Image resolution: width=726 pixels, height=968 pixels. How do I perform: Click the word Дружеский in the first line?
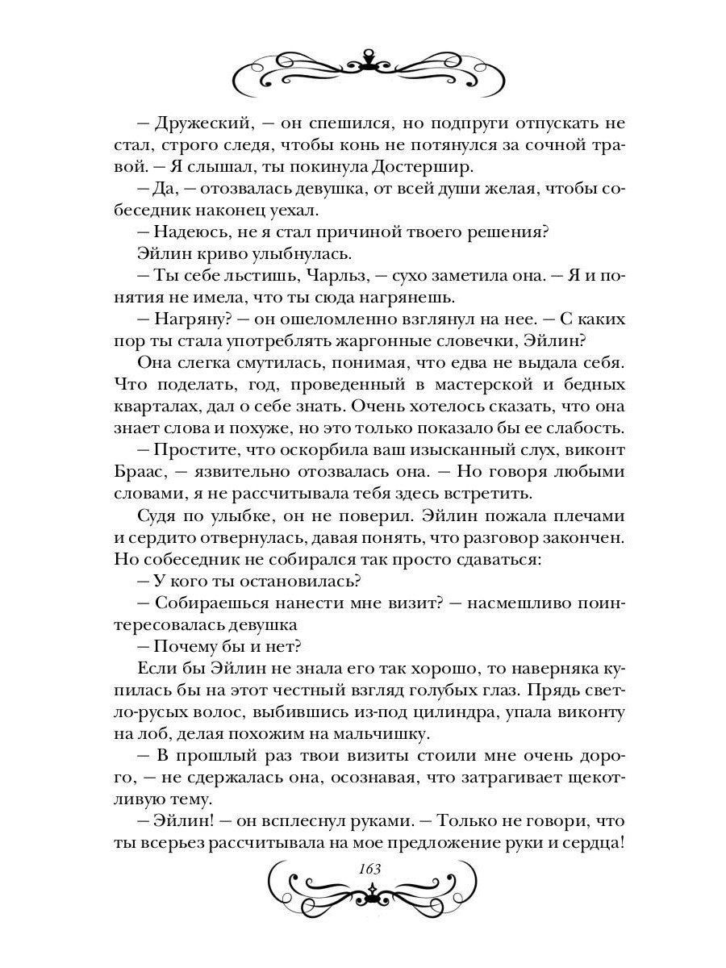pyautogui.click(x=188, y=125)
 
